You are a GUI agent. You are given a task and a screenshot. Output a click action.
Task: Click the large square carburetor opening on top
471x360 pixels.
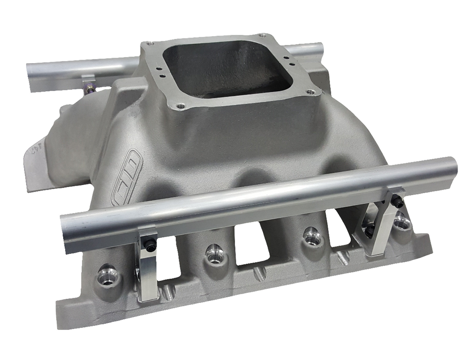pyautogui.click(x=225, y=68)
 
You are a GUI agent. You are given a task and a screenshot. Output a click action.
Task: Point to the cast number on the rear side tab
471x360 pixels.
pyautogui.click(x=34, y=148)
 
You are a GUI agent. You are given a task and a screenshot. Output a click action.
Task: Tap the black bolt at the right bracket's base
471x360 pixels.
pyautogui.click(x=369, y=230)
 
